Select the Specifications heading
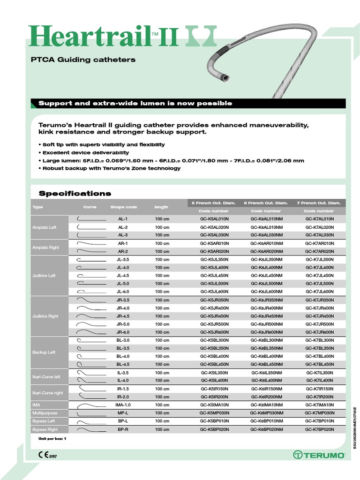(x=75, y=193)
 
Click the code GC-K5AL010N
(x=214, y=219)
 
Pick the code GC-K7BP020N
(x=320, y=429)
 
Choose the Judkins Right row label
(x=45, y=316)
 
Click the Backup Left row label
(x=44, y=352)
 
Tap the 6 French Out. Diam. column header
(x=266, y=203)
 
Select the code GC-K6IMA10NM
(x=267, y=405)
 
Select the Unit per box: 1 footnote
(x=52, y=438)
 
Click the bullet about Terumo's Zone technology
(x=109, y=168)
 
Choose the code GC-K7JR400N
(x=320, y=308)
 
